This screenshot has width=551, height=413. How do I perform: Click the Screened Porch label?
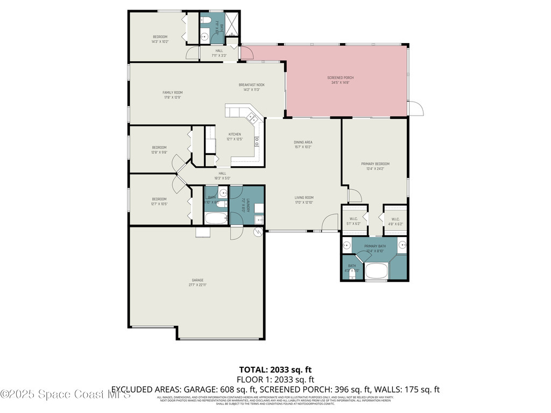[340, 80]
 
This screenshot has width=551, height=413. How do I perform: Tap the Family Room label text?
[173, 95]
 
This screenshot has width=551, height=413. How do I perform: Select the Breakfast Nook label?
[252, 87]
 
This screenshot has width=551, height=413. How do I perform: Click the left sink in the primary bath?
[347, 246]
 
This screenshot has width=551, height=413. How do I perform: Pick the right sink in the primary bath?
[402, 246]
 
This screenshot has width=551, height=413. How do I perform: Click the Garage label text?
[198, 282]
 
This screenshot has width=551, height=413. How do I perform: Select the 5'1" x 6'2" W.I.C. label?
[355, 221]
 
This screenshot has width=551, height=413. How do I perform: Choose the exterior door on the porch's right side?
[416, 108]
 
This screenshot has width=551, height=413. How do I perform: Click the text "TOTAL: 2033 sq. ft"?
[275, 369]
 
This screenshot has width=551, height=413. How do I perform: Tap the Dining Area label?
[303, 144]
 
